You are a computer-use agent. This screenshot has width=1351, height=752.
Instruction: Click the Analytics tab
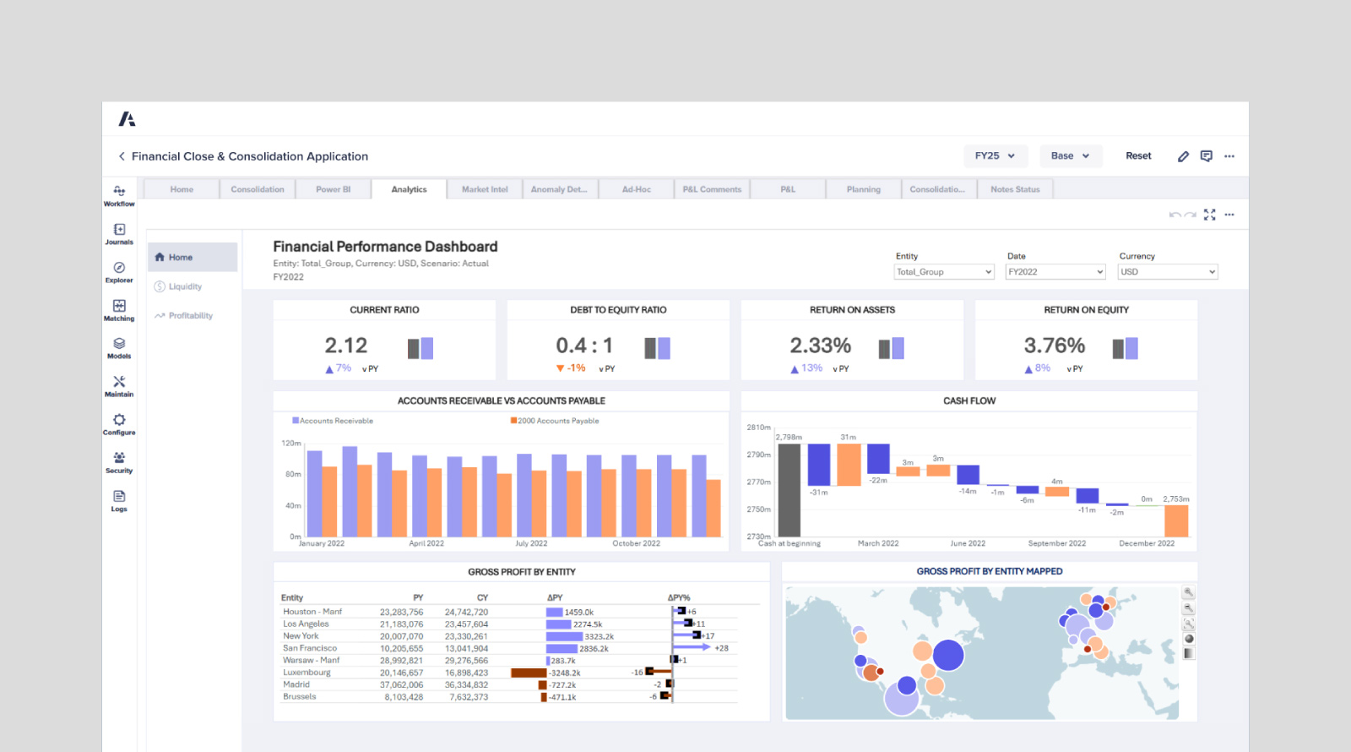pyautogui.click(x=409, y=189)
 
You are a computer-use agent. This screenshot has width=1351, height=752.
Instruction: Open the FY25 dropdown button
pyautogui.click(x=995, y=155)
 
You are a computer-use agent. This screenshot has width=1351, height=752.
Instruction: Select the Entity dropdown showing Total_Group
pyautogui.click(x=943, y=272)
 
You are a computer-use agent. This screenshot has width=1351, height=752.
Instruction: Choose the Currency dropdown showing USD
pyautogui.click(x=1167, y=272)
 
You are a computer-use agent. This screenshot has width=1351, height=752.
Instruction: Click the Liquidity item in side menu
pyautogui.click(x=185, y=286)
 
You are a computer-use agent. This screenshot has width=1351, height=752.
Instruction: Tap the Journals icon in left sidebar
pyautogui.click(x=119, y=233)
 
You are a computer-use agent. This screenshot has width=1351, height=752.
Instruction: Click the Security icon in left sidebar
pyautogui.click(x=119, y=461)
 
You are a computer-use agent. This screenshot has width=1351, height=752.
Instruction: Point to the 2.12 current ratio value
pyautogui.click(x=346, y=346)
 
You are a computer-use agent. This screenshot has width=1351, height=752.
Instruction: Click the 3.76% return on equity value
pyautogui.click(x=1054, y=346)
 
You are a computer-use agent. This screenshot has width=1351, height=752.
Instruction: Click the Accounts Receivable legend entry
pyautogui.click(x=335, y=421)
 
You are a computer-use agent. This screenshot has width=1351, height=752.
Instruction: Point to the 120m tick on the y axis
pyautogui.click(x=290, y=443)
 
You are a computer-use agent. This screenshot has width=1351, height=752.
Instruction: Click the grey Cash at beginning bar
pyautogui.click(x=789, y=490)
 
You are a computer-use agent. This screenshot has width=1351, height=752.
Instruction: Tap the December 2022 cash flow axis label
pyautogui.click(x=1146, y=543)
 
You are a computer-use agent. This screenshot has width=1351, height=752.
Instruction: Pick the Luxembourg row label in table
pyautogui.click(x=307, y=673)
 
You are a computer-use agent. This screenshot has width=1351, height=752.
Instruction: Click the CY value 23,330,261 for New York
pyautogui.click(x=466, y=636)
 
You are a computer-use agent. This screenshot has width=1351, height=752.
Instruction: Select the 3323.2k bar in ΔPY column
pyautogui.click(x=564, y=636)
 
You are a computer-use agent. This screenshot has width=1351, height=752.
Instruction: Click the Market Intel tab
pyautogui.click(x=485, y=189)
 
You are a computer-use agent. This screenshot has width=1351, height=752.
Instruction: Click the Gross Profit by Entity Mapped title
pyautogui.click(x=989, y=571)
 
